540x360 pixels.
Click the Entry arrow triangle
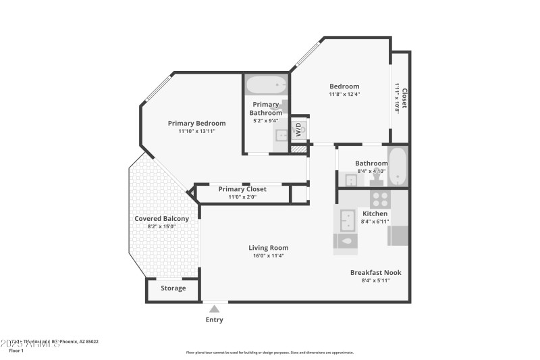(214, 309)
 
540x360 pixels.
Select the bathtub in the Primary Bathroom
(266, 86)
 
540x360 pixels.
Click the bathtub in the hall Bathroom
(398, 167)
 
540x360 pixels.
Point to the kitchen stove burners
(380, 199)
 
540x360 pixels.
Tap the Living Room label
(269, 248)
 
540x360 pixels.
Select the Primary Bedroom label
(196, 123)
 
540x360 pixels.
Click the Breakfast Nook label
(375, 272)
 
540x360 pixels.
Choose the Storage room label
(173, 288)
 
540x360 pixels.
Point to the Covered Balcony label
(161, 218)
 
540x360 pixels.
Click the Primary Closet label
(242, 189)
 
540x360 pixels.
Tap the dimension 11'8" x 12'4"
(344, 94)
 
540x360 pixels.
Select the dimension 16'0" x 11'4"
(269, 256)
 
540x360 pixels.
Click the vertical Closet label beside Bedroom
(404, 98)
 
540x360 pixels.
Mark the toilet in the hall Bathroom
(370, 180)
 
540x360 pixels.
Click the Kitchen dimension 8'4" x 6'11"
(375, 222)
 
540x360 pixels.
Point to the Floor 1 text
(16, 351)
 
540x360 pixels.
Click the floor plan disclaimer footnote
(269, 352)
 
